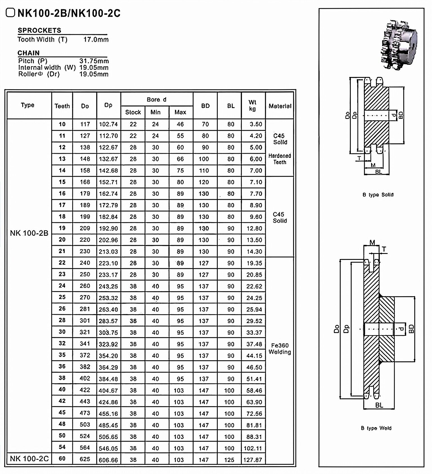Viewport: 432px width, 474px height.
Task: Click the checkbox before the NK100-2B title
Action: [x=10, y=13]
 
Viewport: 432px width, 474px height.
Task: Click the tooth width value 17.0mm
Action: [x=96, y=39]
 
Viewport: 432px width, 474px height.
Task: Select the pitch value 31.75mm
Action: [x=94, y=61]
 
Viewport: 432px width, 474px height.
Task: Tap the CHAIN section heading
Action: [x=28, y=53]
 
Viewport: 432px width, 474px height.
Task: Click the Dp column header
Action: [x=108, y=105]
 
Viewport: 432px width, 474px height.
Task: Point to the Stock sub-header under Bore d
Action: [x=133, y=112]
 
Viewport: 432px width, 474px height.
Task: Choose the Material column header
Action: [x=280, y=106]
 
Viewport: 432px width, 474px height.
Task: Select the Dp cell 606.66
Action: [x=108, y=460]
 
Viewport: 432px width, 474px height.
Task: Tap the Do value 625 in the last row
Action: [x=85, y=459]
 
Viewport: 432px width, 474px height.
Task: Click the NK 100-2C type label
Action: [x=29, y=459]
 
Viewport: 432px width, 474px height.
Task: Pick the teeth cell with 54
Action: [x=62, y=447]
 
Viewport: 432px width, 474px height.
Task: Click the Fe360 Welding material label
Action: [x=280, y=349]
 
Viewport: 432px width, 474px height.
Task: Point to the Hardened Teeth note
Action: [x=280, y=159]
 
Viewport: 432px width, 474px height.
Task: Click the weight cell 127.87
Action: [x=253, y=460]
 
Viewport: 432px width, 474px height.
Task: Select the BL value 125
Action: [x=229, y=460]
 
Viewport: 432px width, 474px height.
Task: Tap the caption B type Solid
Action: [x=378, y=195]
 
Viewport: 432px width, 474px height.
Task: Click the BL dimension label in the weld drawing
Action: [x=379, y=405]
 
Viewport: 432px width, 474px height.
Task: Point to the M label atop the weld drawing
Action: [x=372, y=242]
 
